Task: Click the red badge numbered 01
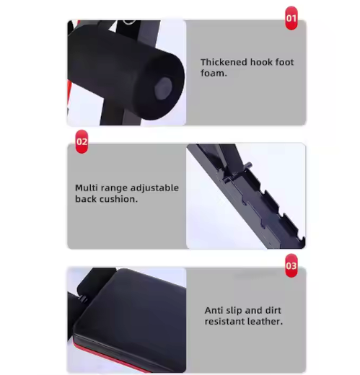pyautogui.click(x=291, y=18)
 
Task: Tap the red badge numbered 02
pyautogui.click(x=82, y=141)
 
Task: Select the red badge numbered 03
pyautogui.click(x=291, y=265)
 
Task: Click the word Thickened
pyautogui.click(x=224, y=62)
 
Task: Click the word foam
pyautogui.click(x=214, y=73)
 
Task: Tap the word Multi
pyautogui.click(x=87, y=187)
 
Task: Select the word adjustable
pyautogui.click(x=154, y=188)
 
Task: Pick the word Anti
pyautogui.click(x=214, y=310)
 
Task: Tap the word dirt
pyautogui.click(x=273, y=310)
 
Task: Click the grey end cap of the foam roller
pyautogui.click(x=163, y=88)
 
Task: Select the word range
pyautogui.click(x=114, y=189)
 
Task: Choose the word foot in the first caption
pyautogui.click(x=285, y=62)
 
